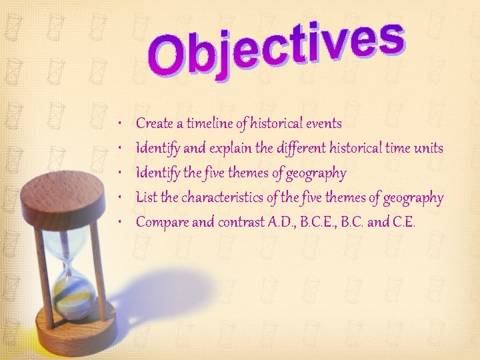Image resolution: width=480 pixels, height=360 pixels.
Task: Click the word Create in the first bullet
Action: click(x=155, y=123)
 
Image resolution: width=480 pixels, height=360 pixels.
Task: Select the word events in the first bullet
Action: click(x=323, y=123)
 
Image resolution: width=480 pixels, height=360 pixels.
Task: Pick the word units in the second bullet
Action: click(x=427, y=149)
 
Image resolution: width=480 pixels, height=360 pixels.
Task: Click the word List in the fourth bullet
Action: click(x=147, y=198)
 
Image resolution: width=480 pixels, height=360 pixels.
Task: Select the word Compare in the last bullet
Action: click(x=162, y=223)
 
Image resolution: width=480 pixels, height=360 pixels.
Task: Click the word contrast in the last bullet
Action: click(x=239, y=223)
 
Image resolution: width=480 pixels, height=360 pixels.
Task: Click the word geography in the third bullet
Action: click(x=316, y=173)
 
